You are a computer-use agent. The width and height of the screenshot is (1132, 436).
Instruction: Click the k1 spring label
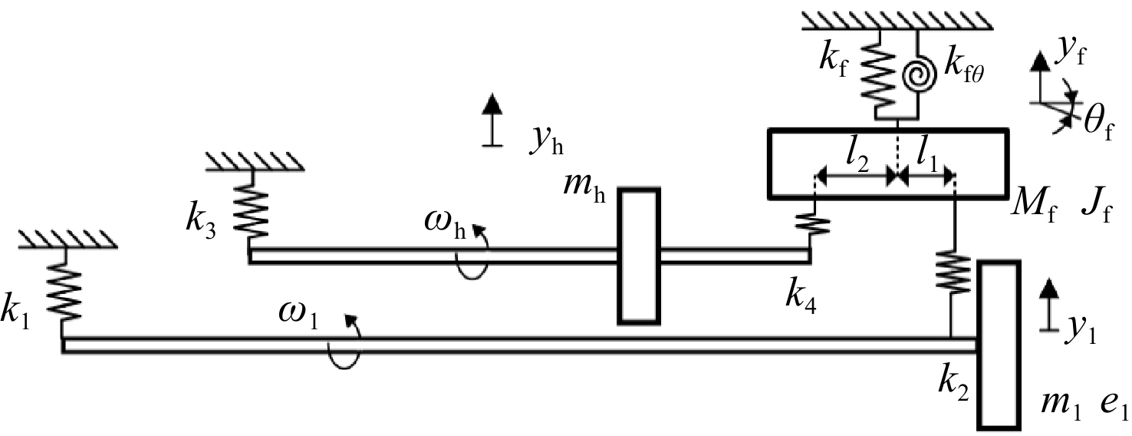(x=15, y=312)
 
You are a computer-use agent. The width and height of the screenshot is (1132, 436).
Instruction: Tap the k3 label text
(x=201, y=221)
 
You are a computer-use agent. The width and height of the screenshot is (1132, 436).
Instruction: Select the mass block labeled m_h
(x=639, y=256)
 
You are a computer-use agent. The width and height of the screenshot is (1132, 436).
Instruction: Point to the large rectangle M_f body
(x=888, y=163)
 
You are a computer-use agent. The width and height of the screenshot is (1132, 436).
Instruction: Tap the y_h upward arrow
(x=492, y=121)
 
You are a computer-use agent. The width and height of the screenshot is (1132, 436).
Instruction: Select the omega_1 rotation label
(x=298, y=315)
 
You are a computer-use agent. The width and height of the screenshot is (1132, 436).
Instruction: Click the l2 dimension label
(x=857, y=160)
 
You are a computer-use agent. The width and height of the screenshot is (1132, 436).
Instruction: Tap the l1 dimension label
(x=926, y=160)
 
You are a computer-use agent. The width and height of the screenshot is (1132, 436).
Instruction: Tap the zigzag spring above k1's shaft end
(x=64, y=293)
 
